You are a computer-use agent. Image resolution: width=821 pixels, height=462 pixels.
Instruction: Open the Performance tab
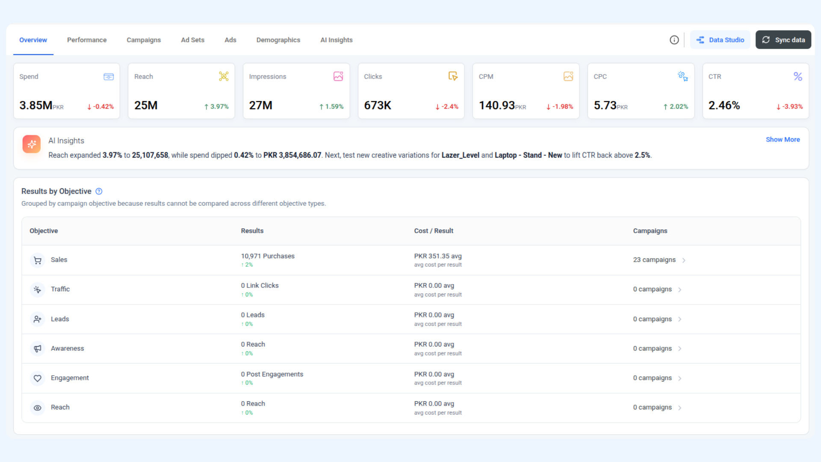(87, 40)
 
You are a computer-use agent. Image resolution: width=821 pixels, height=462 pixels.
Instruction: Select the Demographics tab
(278, 40)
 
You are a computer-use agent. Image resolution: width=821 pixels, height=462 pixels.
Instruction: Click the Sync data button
(783, 40)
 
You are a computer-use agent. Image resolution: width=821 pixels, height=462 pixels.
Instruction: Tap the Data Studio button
(720, 40)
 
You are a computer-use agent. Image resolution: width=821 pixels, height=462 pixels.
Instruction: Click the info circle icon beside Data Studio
(674, 40)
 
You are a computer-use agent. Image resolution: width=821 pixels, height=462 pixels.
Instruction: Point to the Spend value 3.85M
(36, 105)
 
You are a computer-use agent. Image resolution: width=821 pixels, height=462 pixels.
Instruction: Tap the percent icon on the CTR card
(798, 77)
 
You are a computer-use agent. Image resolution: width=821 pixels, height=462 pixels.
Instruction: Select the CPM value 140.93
(496, 105)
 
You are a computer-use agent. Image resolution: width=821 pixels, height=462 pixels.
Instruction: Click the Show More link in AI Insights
(783, 139)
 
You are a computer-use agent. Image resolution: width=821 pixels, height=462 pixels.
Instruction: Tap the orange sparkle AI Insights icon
(32, 144)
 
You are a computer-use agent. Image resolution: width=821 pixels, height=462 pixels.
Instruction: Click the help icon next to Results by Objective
(99, 191)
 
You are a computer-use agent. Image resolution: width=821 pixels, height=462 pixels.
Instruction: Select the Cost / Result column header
(434, 231)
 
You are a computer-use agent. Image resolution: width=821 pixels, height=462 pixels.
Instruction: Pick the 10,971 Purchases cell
(268, 256)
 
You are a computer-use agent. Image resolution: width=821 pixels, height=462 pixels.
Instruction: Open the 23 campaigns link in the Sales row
(655, 260)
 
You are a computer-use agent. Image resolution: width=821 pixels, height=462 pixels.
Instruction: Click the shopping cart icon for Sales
(38, 260)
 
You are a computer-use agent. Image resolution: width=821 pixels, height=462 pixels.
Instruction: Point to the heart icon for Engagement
(38, 378)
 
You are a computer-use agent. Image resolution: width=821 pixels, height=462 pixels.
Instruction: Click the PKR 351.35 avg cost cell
(438, 256)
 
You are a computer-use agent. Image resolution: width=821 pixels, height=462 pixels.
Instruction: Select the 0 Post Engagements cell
(272, 374)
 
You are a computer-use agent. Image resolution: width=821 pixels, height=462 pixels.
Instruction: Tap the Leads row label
(60, 319)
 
